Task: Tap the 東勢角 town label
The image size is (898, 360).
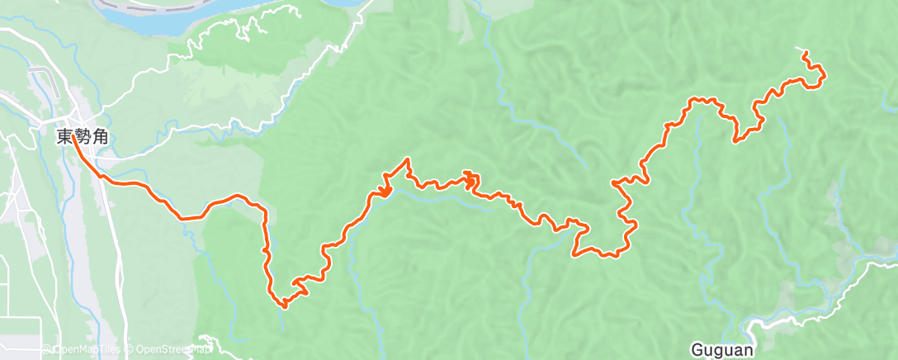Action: pyautogui.click(x=81, y=138)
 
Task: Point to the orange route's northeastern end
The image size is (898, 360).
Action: pyautogui.click(x=805, y=54)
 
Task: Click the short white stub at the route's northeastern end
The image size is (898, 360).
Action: pyautogui.click(x=800, y=50)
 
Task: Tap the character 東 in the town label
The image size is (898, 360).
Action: pyautogui.click(x=64, y=138)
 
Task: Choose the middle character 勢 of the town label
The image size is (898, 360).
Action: pyautogui.click(x=81, y=138)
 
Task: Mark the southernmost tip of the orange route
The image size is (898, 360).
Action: pyautogui.click(x=285, y=306)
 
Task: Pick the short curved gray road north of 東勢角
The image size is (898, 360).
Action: pyautogui.click(x=41, y=79)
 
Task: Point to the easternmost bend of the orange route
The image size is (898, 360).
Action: pyautogui.click(x=824, y=78)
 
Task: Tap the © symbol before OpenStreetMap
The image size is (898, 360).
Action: pyautogui.click(x=130, y=350)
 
